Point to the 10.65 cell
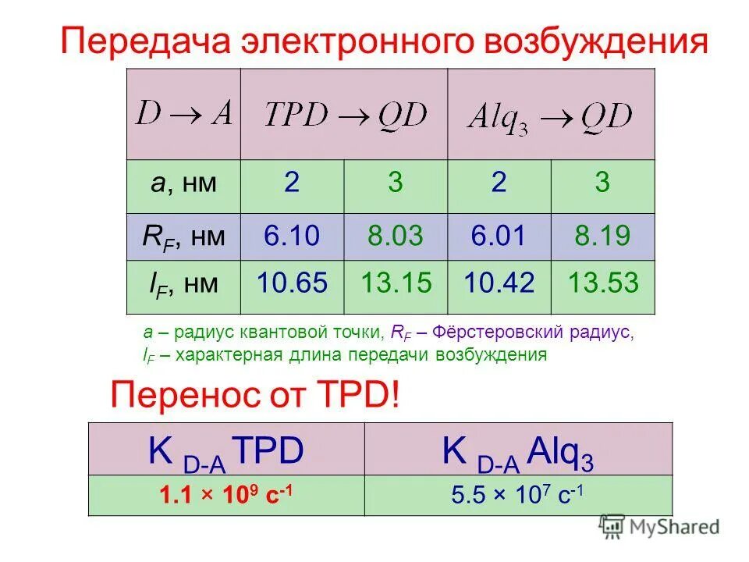(x=292, y=283)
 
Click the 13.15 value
(x=396, y=283)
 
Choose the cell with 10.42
(x=499, y=283)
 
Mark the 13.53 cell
(x=603, y=283)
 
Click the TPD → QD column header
(x=345, y=115)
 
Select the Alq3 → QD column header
(x=550, y=116)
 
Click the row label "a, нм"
(x=184, y=183)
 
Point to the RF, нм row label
(x=184, y=235)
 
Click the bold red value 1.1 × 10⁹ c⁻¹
(x=227, y=494)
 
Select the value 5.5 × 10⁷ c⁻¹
(x=518, y=494)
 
